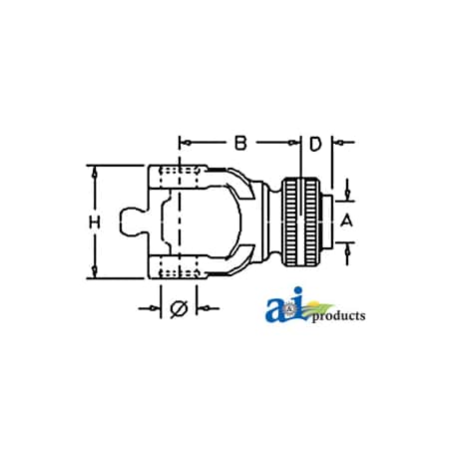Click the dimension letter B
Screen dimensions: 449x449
tap(240, 143)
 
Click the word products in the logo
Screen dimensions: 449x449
tap(338, 316)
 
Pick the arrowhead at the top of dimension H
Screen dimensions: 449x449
tap(95, 171)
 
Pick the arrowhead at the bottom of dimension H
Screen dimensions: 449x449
tap(95, 272)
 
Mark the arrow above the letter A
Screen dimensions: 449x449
tap(347, 191)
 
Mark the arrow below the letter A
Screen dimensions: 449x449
tap(347, 250)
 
